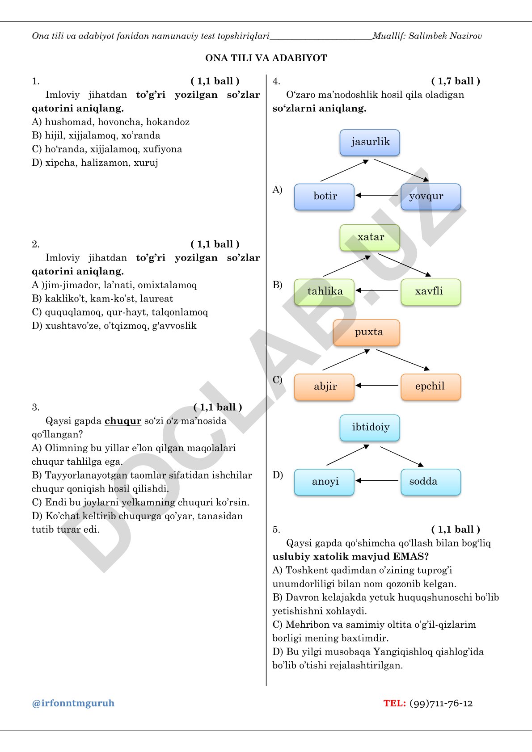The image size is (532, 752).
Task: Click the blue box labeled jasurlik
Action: [370, 143]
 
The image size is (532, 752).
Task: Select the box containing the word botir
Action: [324, 197]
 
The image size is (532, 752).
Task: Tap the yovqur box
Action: [431, 197]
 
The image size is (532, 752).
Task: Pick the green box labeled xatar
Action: [370, 238]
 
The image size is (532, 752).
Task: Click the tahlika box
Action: [324, 292]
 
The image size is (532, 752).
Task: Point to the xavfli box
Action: [431, 292]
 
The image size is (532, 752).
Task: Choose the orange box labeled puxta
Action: [367, 333]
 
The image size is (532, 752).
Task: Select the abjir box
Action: [324, 387]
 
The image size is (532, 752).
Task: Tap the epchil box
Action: [431, 387]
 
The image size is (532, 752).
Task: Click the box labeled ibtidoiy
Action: [370, 428]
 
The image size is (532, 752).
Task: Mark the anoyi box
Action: [324, 482]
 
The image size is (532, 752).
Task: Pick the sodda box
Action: [431, 482]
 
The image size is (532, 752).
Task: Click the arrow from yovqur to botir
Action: [377, 195]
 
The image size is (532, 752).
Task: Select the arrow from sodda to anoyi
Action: [377, 480]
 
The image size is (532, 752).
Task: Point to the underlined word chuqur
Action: [123, 421]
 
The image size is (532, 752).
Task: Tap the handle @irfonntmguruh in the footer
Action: [73, 703]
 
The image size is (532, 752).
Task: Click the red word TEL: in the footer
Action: [395, 703]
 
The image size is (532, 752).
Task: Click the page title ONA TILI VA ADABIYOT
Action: [266, 58]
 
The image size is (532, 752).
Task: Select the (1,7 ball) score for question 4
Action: [456, 81]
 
